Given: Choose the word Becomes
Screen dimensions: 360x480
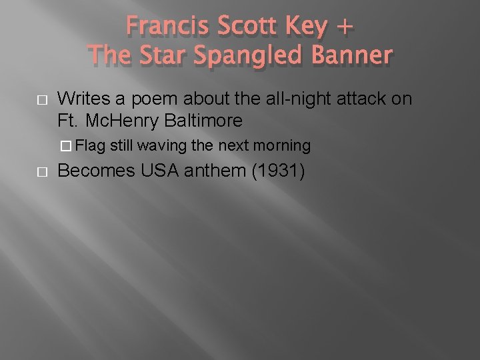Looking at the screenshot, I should (x=94, y=171).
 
